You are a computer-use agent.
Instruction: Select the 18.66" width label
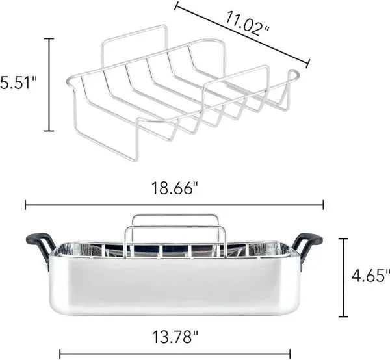tap(174, 188)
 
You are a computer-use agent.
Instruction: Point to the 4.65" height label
tap(371, 276)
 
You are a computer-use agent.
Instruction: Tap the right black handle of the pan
tap(307, 244)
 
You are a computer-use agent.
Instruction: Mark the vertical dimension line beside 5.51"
tap(49, 84)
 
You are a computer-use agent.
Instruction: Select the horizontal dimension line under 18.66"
tap(174, 205)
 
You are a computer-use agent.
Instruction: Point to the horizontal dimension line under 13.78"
tap(174, 355)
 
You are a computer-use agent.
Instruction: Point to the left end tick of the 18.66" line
tap(25, 205)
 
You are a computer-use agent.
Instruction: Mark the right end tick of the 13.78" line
tap(290, 355)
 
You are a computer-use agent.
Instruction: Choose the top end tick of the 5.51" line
tap(49, 39)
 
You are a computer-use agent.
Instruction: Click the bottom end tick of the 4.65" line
tap(344, 316)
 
